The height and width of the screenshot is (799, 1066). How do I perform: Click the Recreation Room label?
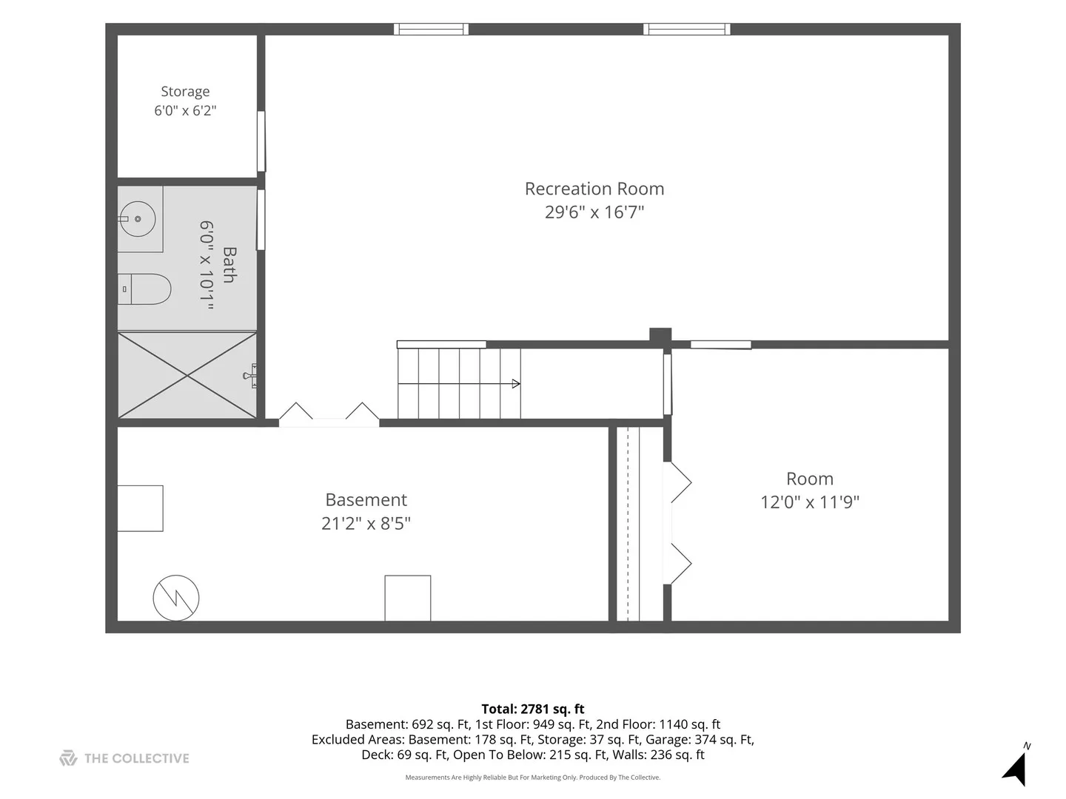pyautogui.click(x=594, y=189)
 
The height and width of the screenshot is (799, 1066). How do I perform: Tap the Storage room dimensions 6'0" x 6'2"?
pyautogui.click(x=185, y=111)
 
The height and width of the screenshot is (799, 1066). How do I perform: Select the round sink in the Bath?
pyautogui.click(x=138, y=219)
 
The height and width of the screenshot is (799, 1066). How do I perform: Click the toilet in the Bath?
pyautogui.click(x=144, y=289)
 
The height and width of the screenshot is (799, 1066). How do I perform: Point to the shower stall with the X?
pyautogui.click(x=187, y=375)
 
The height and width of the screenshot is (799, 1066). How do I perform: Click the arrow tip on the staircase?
pyautogui.click(x=520, y=384)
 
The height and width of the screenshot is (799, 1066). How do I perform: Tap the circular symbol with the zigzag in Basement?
pyautogui.click(x=175, y=598)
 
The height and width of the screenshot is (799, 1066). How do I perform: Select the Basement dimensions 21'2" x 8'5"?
pyautogui.click(x=366, y=524)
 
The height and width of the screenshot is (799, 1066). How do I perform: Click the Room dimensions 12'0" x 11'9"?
pyautogui.click(x=810, y=502)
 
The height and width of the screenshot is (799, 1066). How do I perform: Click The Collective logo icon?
pyautogui.click(x=68, y=758)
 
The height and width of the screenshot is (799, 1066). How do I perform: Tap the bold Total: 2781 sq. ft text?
pyautogui.click(x=533, y=709)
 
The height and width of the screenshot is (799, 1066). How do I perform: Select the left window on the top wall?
pyautogui.click(x=431, y=29)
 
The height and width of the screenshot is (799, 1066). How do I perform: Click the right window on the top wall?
pyautogui.click(x=687, y=29)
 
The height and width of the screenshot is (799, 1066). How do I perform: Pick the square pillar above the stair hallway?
pyautogui.click(x=660, y=336)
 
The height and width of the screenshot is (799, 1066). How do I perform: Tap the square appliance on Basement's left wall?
pyautogui.click(x=141, y=508)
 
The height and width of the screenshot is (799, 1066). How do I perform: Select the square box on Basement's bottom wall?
pyautogui.click(x=407, y=599)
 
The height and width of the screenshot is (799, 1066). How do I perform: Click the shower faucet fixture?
pyautogui.click(x=251, y=376)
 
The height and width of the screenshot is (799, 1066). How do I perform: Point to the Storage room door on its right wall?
pyautogui.click(x=261, y=141)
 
